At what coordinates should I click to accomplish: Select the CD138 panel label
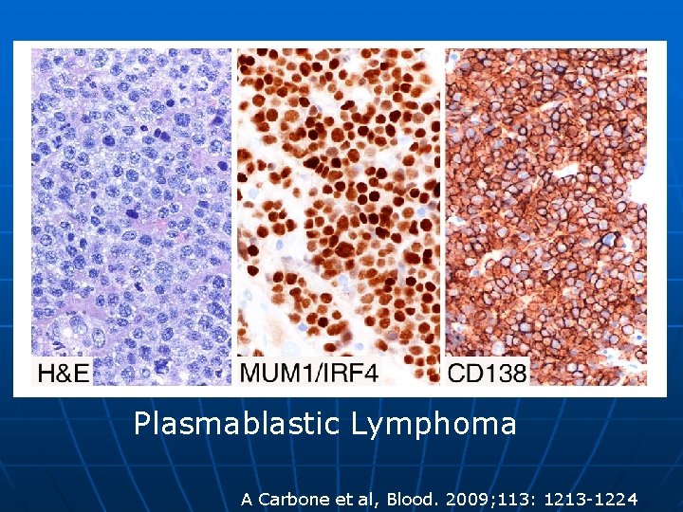click(x=487, y=373)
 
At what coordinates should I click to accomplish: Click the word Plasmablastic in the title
click(x=238, y=423)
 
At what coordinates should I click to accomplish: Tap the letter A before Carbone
click(x=247, y=499)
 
